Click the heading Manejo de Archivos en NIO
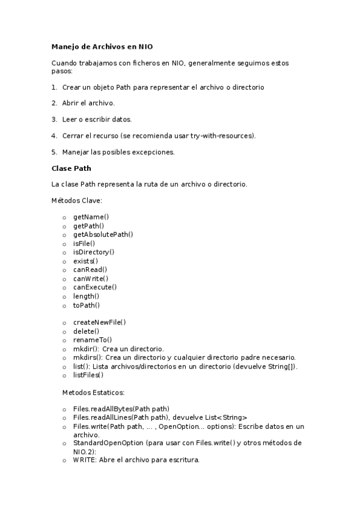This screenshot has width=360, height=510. pos(106,46)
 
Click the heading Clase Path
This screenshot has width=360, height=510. pos(72,168)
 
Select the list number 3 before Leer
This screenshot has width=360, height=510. pos(54,119)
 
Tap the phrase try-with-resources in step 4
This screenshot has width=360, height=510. pos(222,135)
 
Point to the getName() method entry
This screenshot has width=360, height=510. pos(91,217)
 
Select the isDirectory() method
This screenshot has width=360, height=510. pos(93,252)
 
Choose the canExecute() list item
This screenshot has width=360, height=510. pos(94,287)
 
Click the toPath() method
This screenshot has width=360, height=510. pos(87,305)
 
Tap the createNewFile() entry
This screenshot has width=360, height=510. pos(99,322)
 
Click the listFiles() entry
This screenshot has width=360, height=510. pos(88,375)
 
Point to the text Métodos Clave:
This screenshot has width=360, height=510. pos(76,199)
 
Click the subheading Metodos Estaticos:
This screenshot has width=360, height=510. pos(93,392)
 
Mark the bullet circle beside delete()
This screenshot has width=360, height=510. pos(64,331)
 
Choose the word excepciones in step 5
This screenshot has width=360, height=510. pos(154,152)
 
